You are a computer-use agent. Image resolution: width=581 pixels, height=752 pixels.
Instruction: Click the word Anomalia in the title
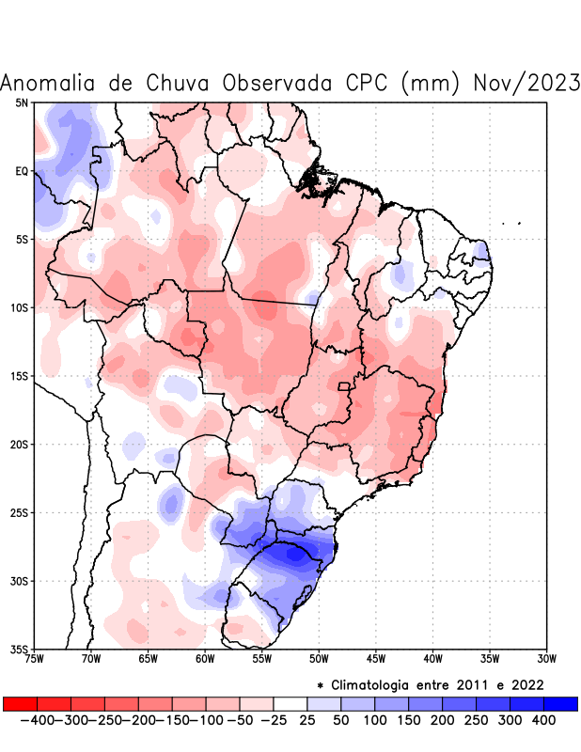[47, 83]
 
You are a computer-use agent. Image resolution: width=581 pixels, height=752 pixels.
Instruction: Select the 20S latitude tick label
[20, 445]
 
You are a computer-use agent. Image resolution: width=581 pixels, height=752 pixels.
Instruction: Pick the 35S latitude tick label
[20, 650]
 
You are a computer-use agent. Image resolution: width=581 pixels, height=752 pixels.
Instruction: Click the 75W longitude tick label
[35, 659]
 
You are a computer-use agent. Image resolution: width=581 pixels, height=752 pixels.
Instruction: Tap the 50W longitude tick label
[319, 659]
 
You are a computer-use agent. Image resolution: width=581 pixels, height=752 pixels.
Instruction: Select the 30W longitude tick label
[546, 659]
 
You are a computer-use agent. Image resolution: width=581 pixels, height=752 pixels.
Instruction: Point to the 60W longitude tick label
[205, 659]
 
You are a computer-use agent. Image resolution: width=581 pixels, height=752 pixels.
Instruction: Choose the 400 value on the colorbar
[544, 720]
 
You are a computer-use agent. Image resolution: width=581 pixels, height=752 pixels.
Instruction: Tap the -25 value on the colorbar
[274, 720]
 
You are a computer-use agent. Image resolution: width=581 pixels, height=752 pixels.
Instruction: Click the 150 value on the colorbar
[409, 720]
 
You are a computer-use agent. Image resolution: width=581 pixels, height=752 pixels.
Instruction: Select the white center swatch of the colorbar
[290, 703]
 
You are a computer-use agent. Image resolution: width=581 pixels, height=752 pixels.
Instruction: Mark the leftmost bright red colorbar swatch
[21, 703]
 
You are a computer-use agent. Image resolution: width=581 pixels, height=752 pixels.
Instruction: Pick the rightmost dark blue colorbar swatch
[560, 703]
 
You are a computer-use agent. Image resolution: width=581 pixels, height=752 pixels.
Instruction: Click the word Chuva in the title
[179, 83]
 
